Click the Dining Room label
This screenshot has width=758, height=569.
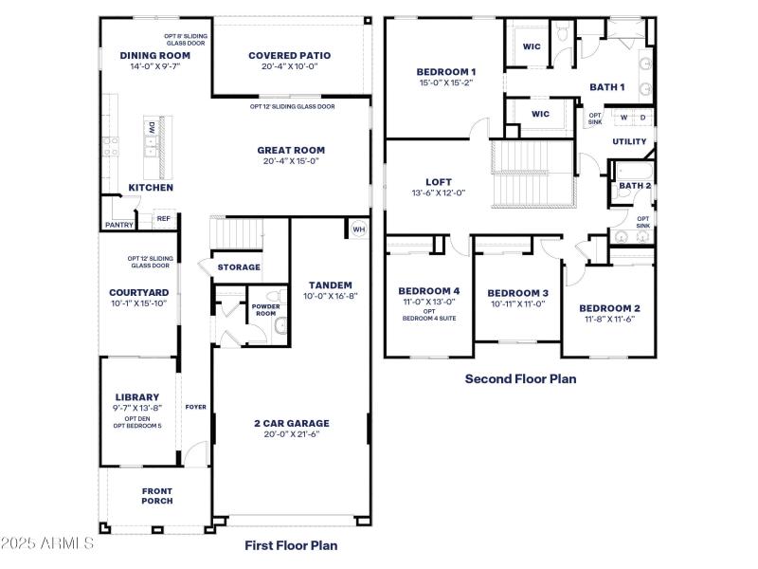pos(155,56)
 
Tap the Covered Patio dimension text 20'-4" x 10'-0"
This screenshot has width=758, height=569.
pos(289,67)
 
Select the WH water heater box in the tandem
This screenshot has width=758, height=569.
pos(358,229)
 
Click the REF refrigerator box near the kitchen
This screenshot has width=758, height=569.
pos(163,219)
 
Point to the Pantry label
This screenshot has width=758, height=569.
pos(119,225)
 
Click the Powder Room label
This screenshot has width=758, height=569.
pos(264,310)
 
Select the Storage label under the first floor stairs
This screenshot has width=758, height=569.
pos(239,267)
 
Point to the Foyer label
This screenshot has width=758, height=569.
pos(195,407)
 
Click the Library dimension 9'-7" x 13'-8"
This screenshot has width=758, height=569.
pos(137,408)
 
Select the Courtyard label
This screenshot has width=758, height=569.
pos(138,292)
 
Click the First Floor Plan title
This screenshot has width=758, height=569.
pos(291,545)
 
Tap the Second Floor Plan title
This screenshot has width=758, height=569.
pos(520,378)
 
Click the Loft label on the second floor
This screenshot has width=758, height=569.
pos(438,182)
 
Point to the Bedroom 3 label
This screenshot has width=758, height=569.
pos(518,293)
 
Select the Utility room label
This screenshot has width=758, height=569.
pos(629,142)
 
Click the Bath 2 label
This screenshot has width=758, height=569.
pos(635,186)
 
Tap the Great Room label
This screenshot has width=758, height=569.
pos(291,150)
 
